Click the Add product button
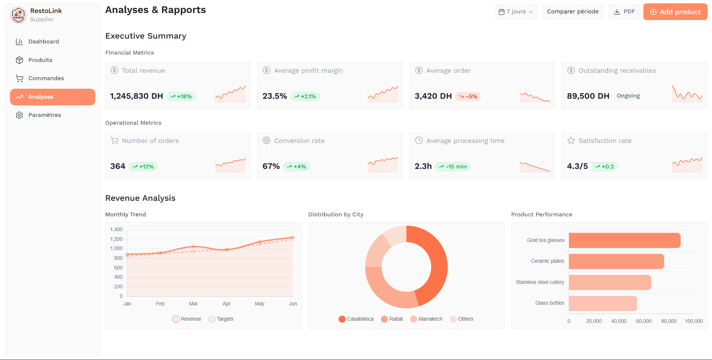(x=675, y=12)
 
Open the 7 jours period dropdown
(x=516, y=12)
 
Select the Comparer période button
(x=572, y=12)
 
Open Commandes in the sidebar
(x=46, y=78)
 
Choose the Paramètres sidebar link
(x=45, y=115)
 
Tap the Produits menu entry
(x=40, y=60)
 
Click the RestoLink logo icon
(x=18, y=15)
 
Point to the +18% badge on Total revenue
(x=181, y=96)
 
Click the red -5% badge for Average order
(x=468, y=96)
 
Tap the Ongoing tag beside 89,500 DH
(x=628, y=96)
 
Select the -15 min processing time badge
(x=453, y=167)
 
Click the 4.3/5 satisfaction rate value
(x=577, y=166)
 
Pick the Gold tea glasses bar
(x=624, y=240)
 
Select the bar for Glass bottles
(x=603, y=303)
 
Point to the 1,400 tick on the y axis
(x=116, y=229)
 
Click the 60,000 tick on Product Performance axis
(x=644, y=321)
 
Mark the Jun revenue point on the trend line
(x=293, y=237)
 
